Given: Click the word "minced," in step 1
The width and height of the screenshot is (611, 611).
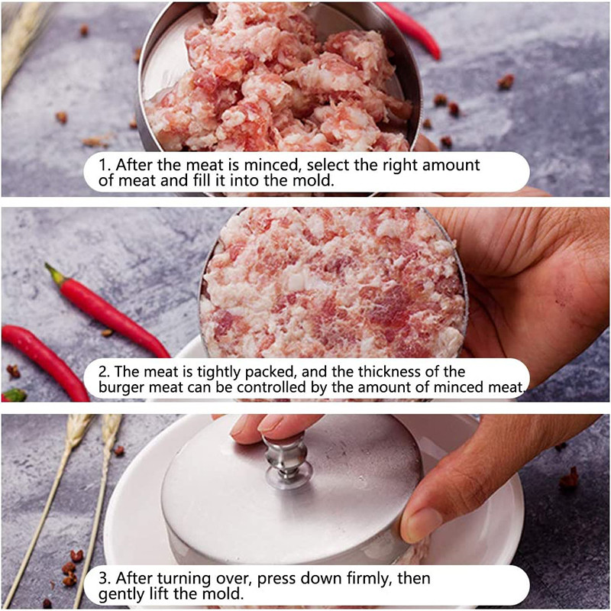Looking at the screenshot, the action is click(273, 165).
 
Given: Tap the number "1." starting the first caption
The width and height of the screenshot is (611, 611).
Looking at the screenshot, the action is click(105, 165).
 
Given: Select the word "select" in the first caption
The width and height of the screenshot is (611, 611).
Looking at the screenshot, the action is click(328, 165).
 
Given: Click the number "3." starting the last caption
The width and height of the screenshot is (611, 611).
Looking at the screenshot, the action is click(105, 578).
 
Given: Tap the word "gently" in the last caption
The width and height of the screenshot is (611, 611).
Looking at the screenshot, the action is click(121, 595).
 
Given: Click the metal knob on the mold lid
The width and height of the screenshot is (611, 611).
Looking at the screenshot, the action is click(286, 461).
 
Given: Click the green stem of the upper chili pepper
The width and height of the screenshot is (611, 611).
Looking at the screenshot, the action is click(54, 274).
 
